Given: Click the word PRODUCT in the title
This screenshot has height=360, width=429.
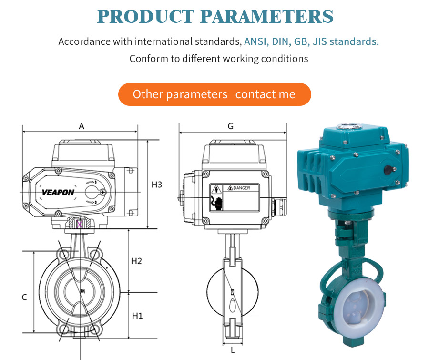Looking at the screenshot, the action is (x=145, y=16).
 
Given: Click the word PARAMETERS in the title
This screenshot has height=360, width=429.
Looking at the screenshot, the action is (x=267, y=16).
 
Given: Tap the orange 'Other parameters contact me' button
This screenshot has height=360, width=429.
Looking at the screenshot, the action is (x=214, y=94).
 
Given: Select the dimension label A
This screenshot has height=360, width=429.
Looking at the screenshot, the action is (x=82, y=126).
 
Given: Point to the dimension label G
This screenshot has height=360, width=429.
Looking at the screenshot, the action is (x=230, y=126).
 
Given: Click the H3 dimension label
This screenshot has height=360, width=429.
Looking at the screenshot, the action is (x=157, y=185).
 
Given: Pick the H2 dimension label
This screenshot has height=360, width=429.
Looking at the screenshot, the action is (x=136, y=261).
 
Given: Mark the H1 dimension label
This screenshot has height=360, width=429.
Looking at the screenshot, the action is (x=137, y=316).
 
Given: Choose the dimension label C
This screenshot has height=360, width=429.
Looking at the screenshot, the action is (x=24, y=298).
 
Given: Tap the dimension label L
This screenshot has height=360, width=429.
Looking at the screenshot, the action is (x=233, y=350).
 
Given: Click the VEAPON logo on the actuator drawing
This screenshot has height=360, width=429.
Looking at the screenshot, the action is (x=58, y=193).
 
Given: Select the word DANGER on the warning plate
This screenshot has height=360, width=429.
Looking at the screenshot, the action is (x=242, y=188).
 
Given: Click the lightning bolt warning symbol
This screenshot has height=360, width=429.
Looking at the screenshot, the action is (x=216, y=189).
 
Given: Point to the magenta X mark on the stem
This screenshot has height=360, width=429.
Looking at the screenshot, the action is (x=79, y=224).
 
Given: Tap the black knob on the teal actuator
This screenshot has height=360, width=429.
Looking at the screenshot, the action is (x=389, y=170).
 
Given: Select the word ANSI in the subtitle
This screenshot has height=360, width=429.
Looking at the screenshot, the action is (x=255, y=41).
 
